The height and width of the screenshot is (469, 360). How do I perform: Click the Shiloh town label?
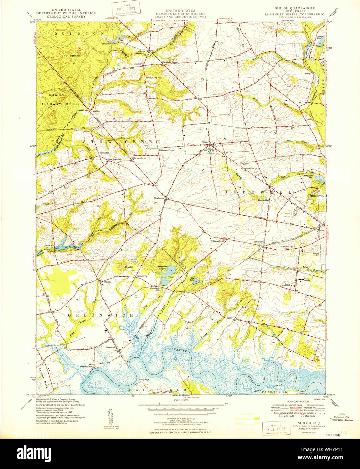(205, 142)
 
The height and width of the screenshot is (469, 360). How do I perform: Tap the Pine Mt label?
(129, 267)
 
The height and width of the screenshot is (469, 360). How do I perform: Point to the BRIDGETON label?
(317, 196)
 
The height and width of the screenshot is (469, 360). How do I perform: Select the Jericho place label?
(96, 111)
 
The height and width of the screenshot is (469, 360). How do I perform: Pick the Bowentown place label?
(261, 242)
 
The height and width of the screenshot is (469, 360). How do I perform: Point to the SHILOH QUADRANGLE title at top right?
(295, 8)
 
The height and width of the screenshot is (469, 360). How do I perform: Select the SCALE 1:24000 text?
(180, 400)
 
